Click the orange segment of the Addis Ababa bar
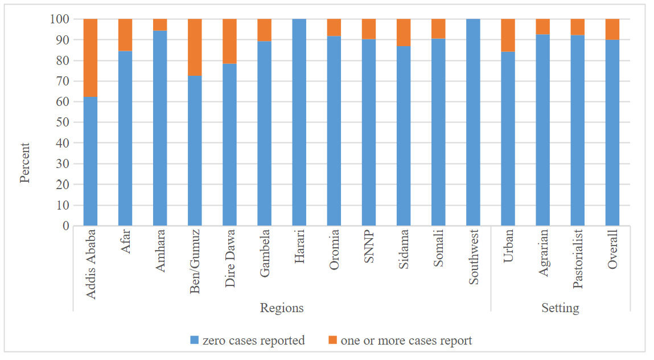(91, 58)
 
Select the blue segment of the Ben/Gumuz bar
(195, 151)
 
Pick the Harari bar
(299, 122)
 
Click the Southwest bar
(473, 122)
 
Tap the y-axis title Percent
(24, 163)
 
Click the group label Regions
(282, 308)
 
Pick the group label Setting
(560, 308)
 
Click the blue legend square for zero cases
(195, 341)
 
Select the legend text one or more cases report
(406, 341)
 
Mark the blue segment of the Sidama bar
(404, 136)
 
